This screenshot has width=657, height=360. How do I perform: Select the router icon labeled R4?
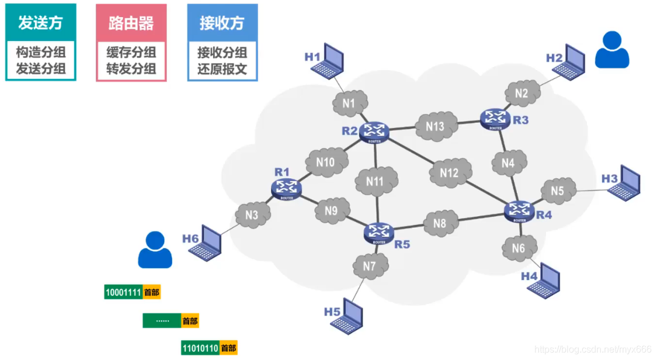click(519, 210)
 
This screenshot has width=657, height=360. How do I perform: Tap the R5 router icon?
click(379, 232)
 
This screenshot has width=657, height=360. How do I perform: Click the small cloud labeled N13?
click(434, 126)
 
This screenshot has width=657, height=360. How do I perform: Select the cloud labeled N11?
click(376, 181)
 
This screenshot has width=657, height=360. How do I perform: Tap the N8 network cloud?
click(439, 223)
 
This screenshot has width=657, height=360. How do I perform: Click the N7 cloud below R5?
click(369, 266)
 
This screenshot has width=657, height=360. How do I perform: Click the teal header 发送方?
click(40, 23)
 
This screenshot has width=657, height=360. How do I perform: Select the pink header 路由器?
click(131, 23)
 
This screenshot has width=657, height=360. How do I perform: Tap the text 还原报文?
click(222, 69)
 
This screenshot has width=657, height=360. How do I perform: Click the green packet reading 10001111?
click(123, 292)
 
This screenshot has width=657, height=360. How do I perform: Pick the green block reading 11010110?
click(200, 348)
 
